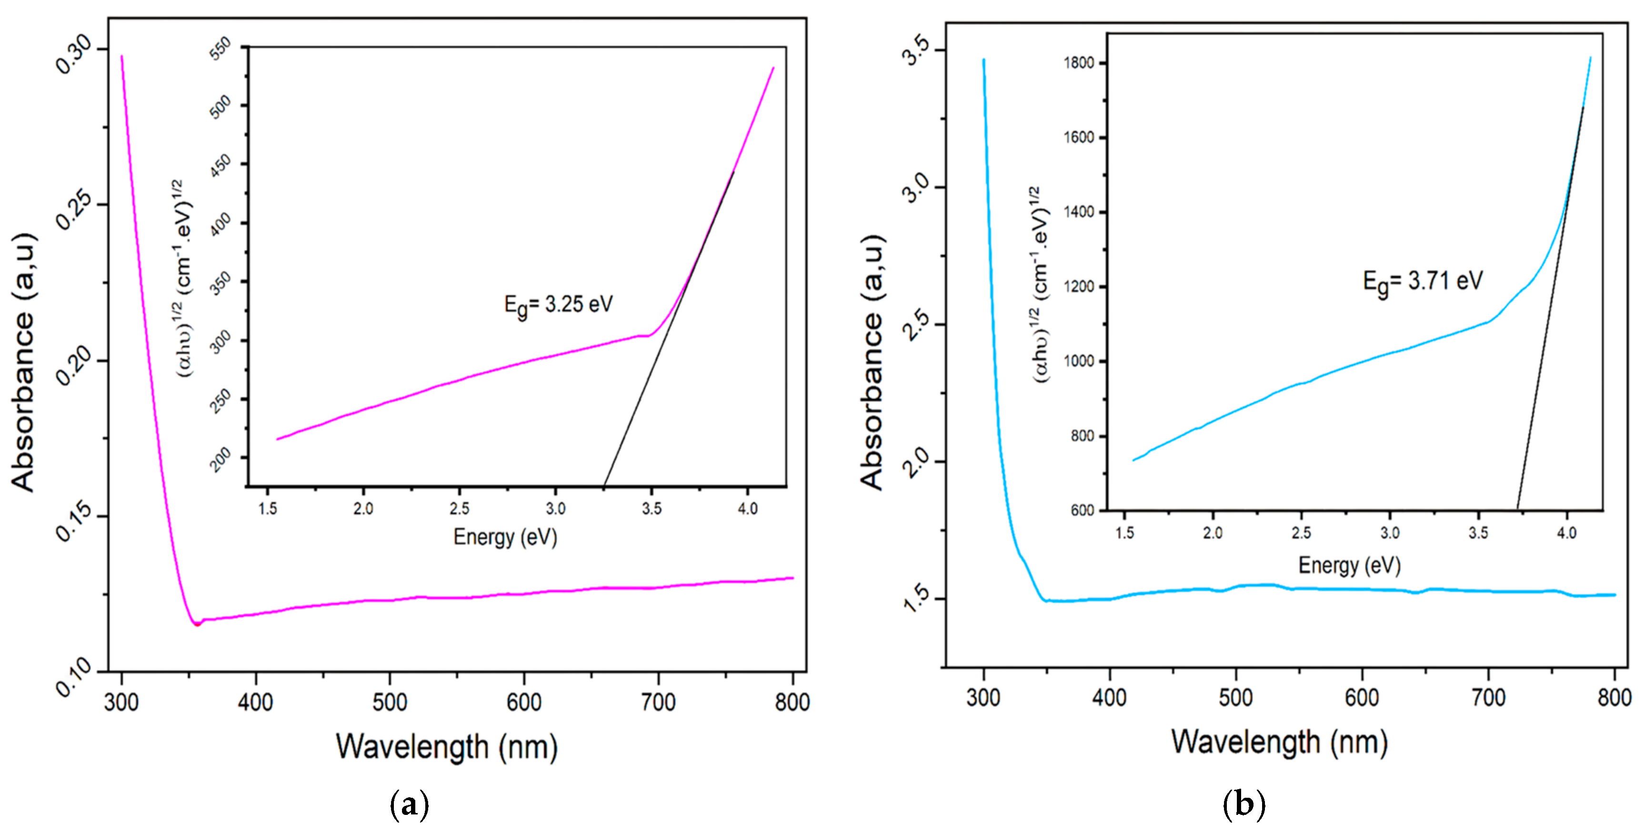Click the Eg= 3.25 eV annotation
(x=558, y=305)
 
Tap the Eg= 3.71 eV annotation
(x=1422, y=281)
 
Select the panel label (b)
(x=1244, y=803)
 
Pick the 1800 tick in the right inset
(x=1079, y=62)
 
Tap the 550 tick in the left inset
(x=221, y=49)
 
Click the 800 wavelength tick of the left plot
(x=792, y=702)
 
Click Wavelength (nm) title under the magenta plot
(x=447, y=746)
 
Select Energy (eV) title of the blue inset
(x=1349, y=565)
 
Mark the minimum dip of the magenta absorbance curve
(x=197, y=624)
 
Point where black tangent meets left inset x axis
(x=604, y=486)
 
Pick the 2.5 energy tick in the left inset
(x=459, y=509)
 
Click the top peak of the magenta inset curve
(x=773, y=68)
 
